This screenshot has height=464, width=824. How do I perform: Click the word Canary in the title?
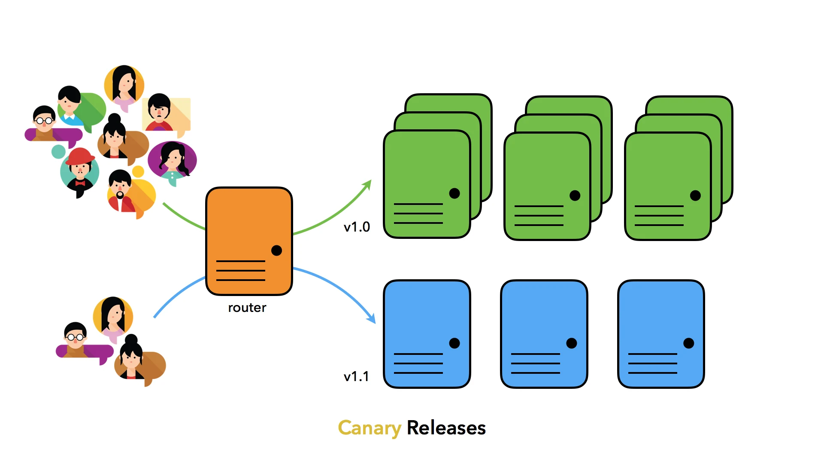pyautogui.click(x=369, y=428)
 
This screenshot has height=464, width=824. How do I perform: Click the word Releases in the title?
pyautogui.click(x=446, y=428)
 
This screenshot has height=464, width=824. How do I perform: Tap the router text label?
pyautogui.click(x=247, y=308)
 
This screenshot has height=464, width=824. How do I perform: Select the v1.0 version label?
pyautogui.click(x=357, y=227)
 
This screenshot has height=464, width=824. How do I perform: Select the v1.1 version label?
pyautogui.click(x=356, y=376)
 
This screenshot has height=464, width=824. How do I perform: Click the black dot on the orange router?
pyautogui.click(x=277, y=250)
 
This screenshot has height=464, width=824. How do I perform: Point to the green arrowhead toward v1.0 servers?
pyautogui.click(x=367, y=184)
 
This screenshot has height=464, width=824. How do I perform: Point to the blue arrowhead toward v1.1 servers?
pyautogui.click(x=372, y=318)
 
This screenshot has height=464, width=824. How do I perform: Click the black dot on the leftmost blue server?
pyautogui.click(x=454, y=343)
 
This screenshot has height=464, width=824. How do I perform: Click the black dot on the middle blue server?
pyautogui.click(x=572, y=343)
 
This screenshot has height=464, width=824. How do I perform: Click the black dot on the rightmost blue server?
pyautogui.click(x=689, y=343)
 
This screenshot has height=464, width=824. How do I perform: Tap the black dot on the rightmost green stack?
pyautogui.click(x=695, y=196)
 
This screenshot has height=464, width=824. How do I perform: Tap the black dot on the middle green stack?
pyautogui.click(x=575, y=196)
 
